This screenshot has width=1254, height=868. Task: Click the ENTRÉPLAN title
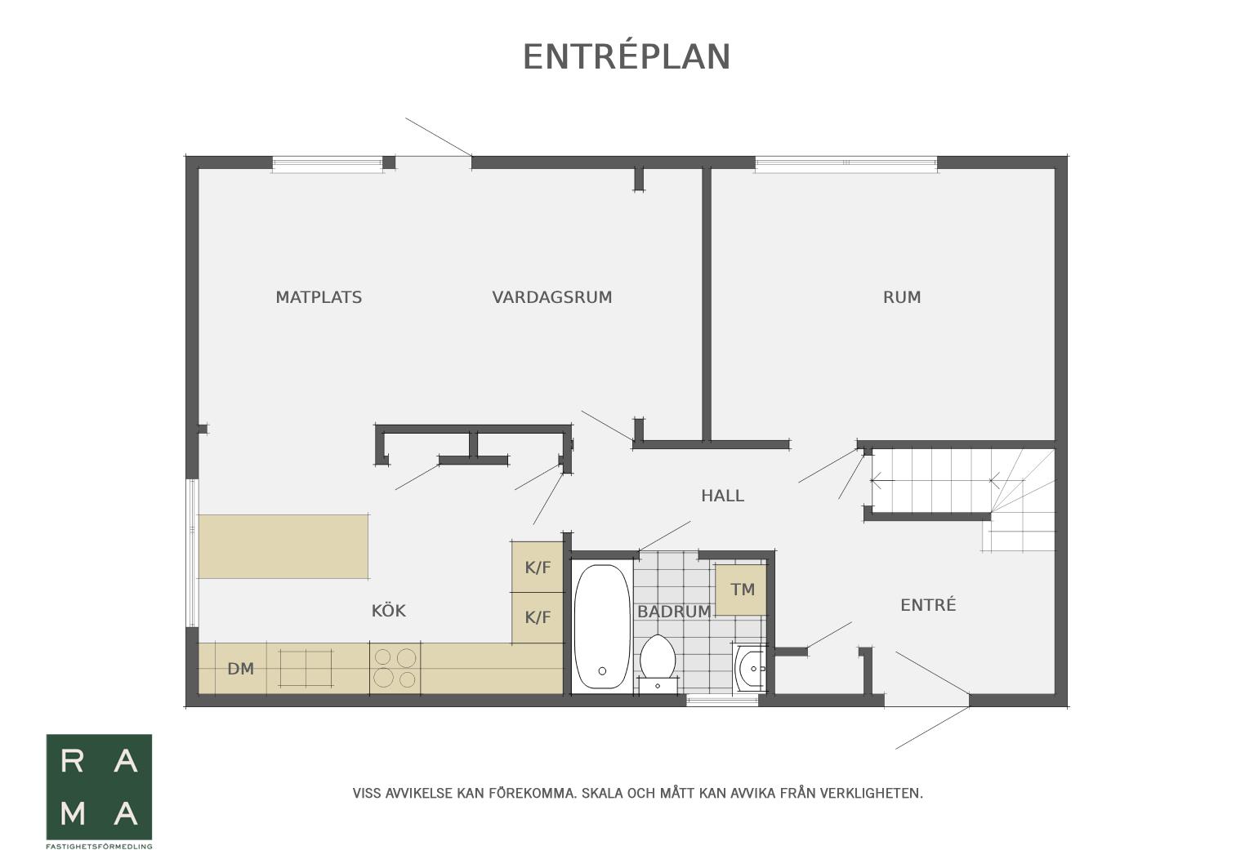point(627,56)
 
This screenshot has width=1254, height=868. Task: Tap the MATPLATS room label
point(319,297)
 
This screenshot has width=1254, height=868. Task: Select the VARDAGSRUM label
point(552,297)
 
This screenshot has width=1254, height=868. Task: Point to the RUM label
point(902,297)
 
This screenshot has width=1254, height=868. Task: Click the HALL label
point(723,496)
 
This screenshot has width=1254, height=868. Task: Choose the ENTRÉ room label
point(928,604)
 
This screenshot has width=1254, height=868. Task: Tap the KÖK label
point(389,610)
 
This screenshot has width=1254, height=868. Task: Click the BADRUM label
point(674,612)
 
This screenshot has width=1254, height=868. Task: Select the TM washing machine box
point(741,590)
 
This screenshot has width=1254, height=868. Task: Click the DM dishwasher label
point(241,669)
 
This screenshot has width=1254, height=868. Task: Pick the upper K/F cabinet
point(538,567)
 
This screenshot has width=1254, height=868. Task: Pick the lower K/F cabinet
point(538,618)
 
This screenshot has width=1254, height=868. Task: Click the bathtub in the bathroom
point(602,626)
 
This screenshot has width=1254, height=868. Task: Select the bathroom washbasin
point(750,668)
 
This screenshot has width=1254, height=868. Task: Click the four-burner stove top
point(395,668)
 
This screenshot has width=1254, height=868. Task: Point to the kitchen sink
point(306,668)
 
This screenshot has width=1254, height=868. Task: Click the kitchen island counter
point(283,546)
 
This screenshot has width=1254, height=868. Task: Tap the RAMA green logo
point(99,787)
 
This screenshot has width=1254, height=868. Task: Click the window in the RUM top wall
point(846,162)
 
